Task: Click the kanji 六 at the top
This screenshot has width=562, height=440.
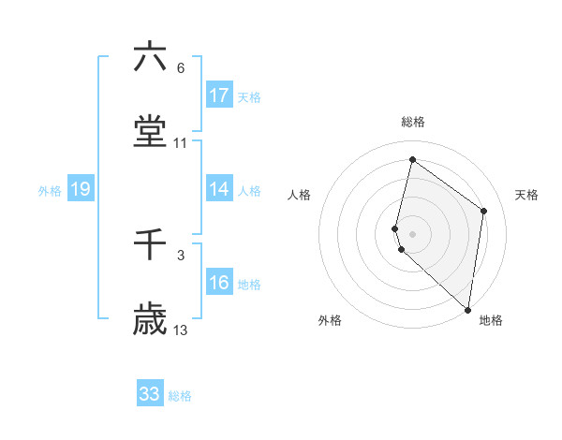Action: pyautogui.click(x=150, y=58)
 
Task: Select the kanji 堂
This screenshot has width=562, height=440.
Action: pyautogui.click(x=150, y=132)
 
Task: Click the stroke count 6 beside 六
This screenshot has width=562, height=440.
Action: pyautogui.click(x=180, y=68)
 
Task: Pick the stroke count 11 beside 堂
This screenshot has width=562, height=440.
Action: pyautogui.click(x=181, y=143)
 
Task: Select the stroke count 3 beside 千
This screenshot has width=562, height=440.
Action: pyautogui.click(x=180, y=255)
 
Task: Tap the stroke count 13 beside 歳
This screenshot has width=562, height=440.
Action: pyautogui.click(x=181, y=330)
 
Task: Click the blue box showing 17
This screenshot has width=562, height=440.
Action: pyautogui.click(x=219, y=95)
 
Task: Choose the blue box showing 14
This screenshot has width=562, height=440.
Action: pyautogui.click(x=219, y=189)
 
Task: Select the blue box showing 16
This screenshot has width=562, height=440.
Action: pyautogui.click(x=219, y=283)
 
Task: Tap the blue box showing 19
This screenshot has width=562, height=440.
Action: pyautogui.click(x=81, y=189)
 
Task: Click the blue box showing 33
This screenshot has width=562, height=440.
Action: pyautogui.click(x=150, y=394)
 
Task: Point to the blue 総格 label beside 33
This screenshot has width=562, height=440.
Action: pyautogui.click(x=180, y=396)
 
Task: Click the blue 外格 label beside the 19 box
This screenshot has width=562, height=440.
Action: pyautogui.click(x=50, y=191)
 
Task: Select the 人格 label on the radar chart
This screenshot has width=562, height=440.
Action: pyautogui.click(x=299, y=195)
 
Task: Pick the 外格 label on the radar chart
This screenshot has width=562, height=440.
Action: pyautogui.click(x=329, y=320)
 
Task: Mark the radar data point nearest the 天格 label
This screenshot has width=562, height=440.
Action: pyautogui.click(x=484, y=211)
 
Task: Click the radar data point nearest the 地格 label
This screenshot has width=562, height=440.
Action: pyautogui.click(x=467, y=309)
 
